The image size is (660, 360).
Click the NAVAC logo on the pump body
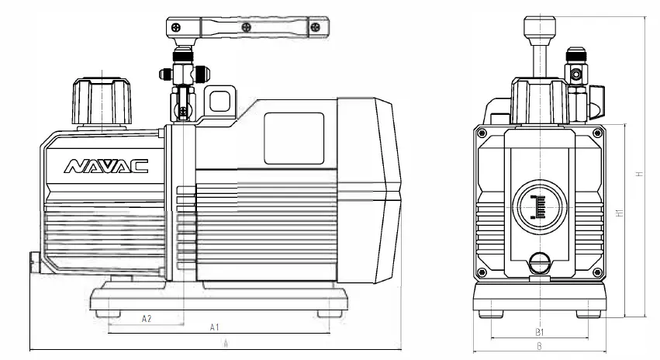95,166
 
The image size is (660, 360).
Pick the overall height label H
639,174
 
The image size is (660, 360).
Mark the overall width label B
538,346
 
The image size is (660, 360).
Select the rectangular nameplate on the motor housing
294,138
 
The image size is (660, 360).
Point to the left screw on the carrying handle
246,28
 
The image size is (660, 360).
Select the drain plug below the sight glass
538,265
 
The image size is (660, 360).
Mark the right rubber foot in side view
330,313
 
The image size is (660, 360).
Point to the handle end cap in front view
538,29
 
